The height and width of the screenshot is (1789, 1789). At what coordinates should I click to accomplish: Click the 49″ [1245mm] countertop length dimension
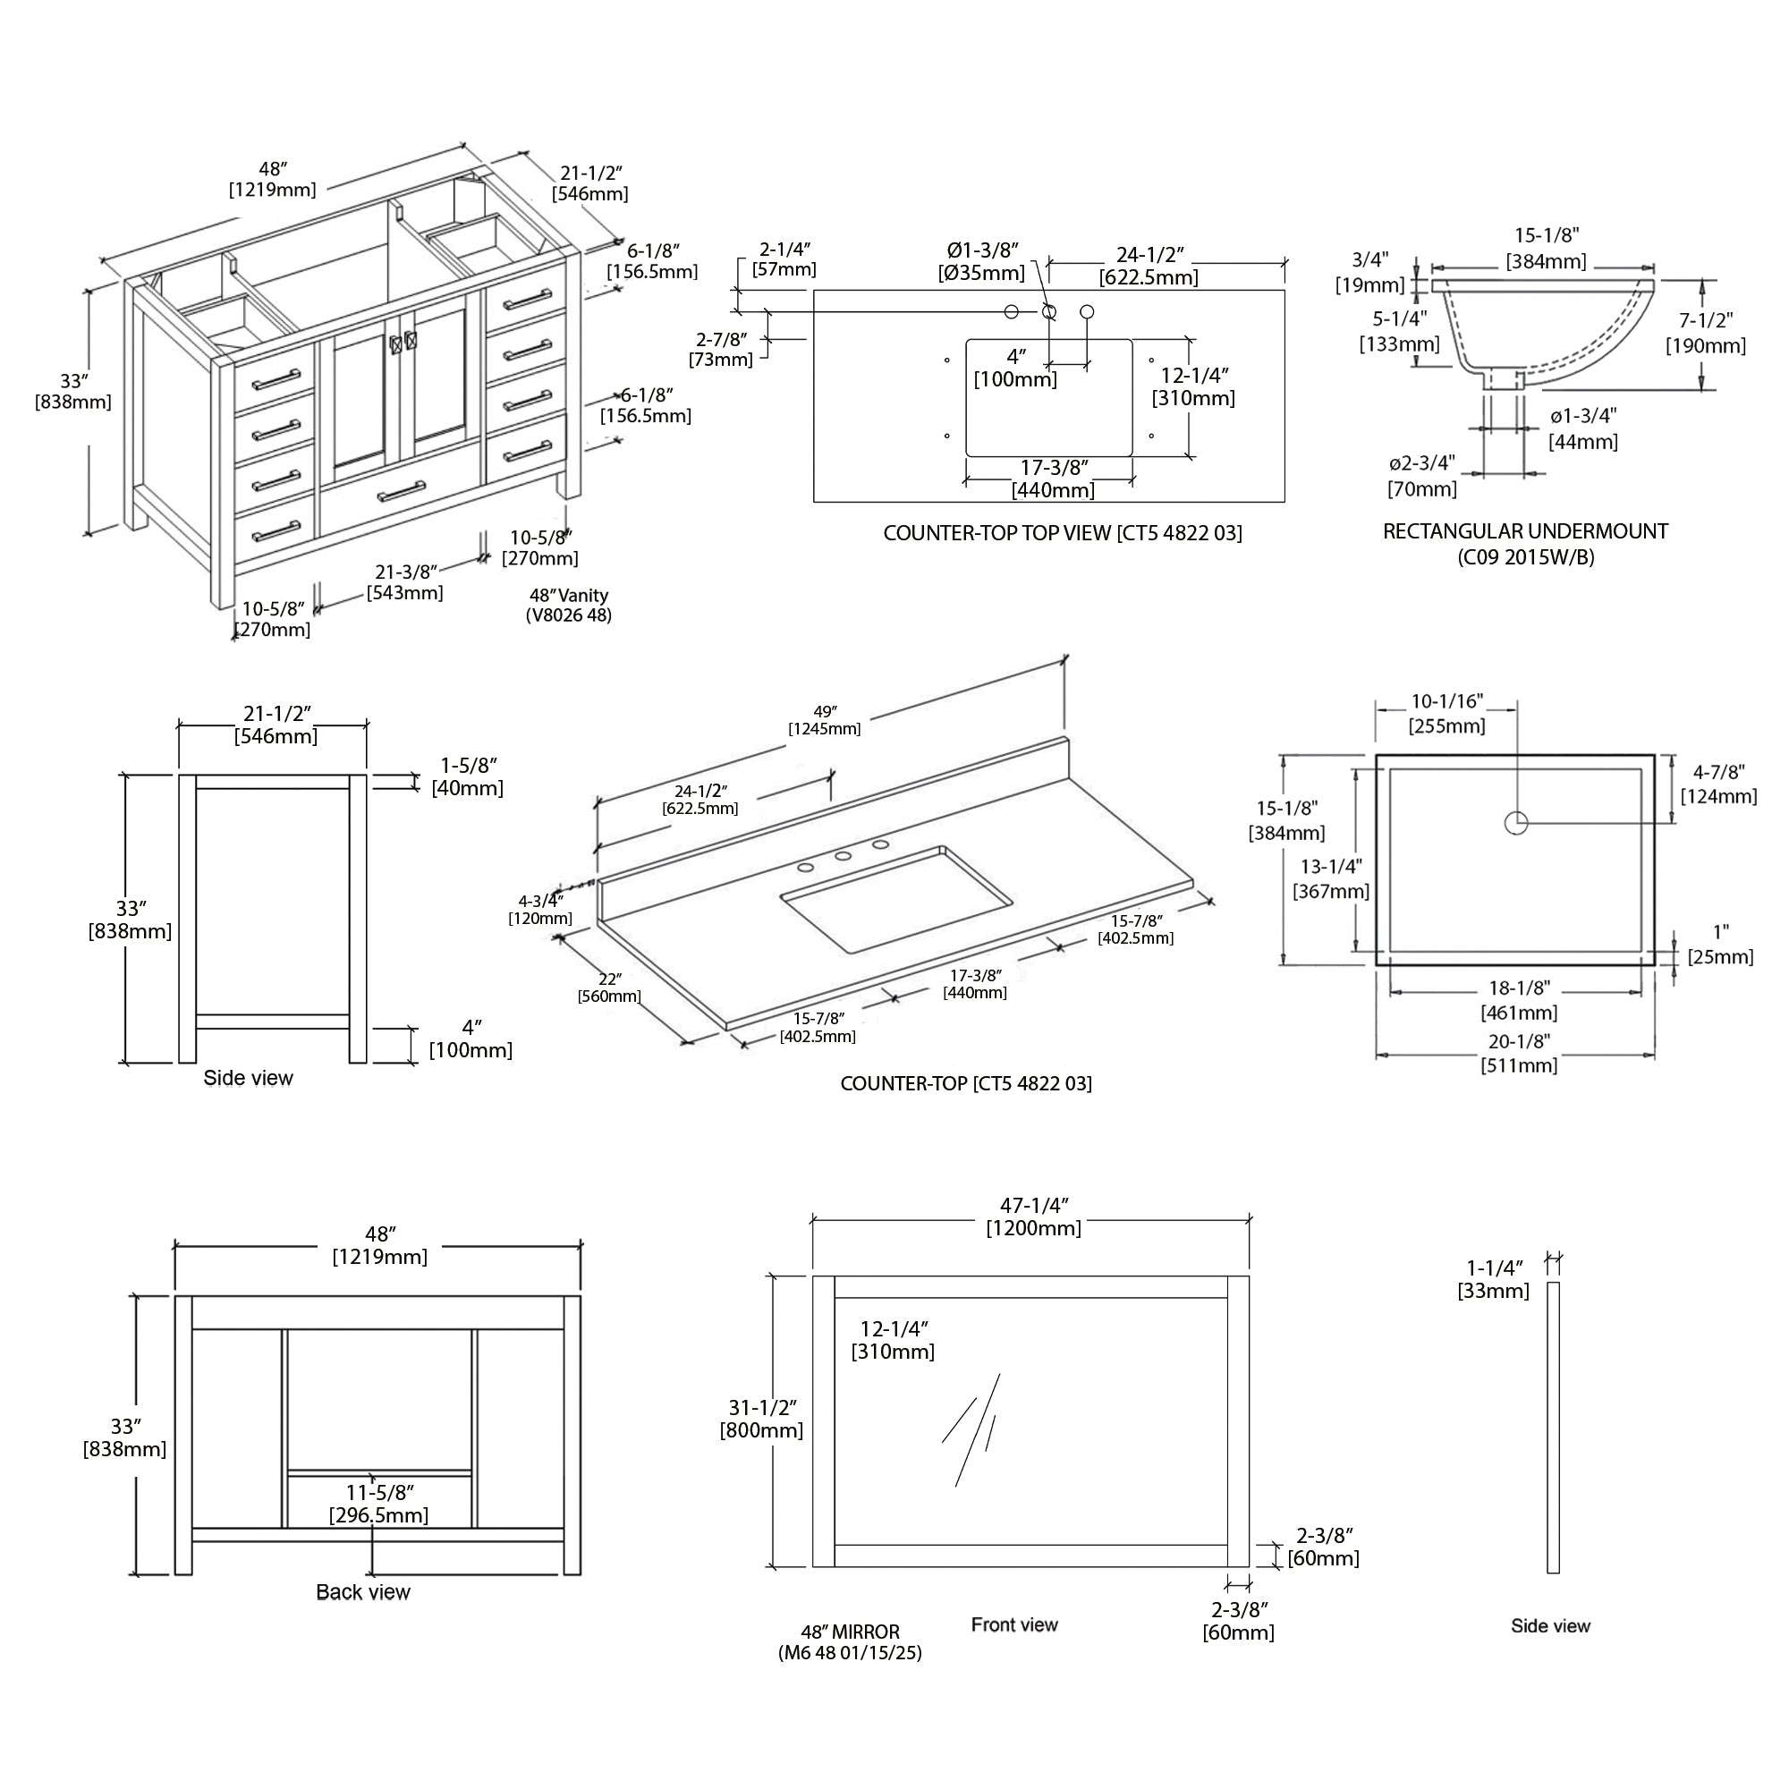click(x=824, y=719)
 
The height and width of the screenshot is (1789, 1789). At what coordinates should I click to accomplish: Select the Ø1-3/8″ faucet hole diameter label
click(x=981, y=261)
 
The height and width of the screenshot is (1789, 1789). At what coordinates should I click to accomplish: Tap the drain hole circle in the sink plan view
click(x=1516, y=822)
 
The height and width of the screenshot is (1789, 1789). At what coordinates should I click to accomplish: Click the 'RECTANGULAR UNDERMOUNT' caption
click(x=1525, y=531)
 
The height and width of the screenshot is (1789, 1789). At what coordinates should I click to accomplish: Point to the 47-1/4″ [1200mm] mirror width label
click(x=1033, y=1217)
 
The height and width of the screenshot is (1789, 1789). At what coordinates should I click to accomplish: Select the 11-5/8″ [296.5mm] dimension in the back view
click(x=378, y=1504)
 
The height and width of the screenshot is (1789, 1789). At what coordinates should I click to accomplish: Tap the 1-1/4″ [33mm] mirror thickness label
click(x=1494, y=1279)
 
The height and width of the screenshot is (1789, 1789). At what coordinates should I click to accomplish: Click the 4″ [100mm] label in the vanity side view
click(x=471, y=1039)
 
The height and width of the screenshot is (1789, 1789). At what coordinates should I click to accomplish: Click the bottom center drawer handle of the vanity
click(x=401, y=491)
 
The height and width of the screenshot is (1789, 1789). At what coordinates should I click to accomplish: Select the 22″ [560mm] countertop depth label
click(x=609, y=988)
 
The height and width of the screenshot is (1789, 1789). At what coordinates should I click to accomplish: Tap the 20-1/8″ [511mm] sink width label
click(x=1519, y=1053)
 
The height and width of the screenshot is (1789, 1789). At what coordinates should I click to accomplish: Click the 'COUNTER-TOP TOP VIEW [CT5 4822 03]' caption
click(x=1062, y=533)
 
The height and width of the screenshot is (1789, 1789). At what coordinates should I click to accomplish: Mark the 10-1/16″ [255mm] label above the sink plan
click(x=1446, y=714)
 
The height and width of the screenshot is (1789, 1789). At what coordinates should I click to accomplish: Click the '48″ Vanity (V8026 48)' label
click(x=569, y=605)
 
